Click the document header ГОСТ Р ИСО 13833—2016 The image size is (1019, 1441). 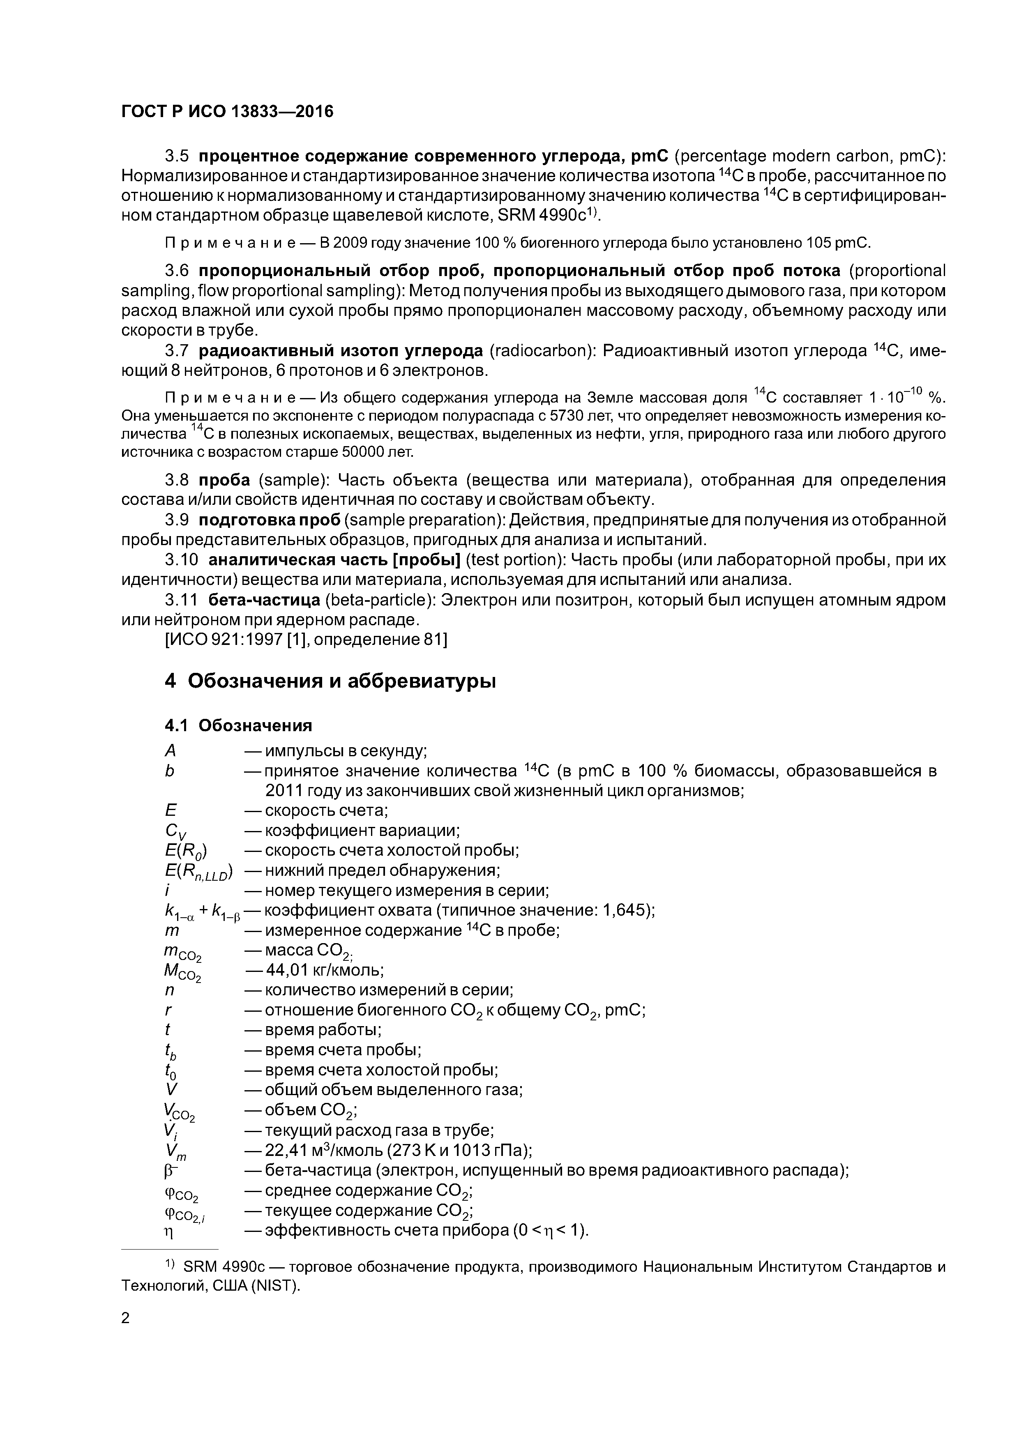coord(227,112)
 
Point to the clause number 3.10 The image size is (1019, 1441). coord(181,560)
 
